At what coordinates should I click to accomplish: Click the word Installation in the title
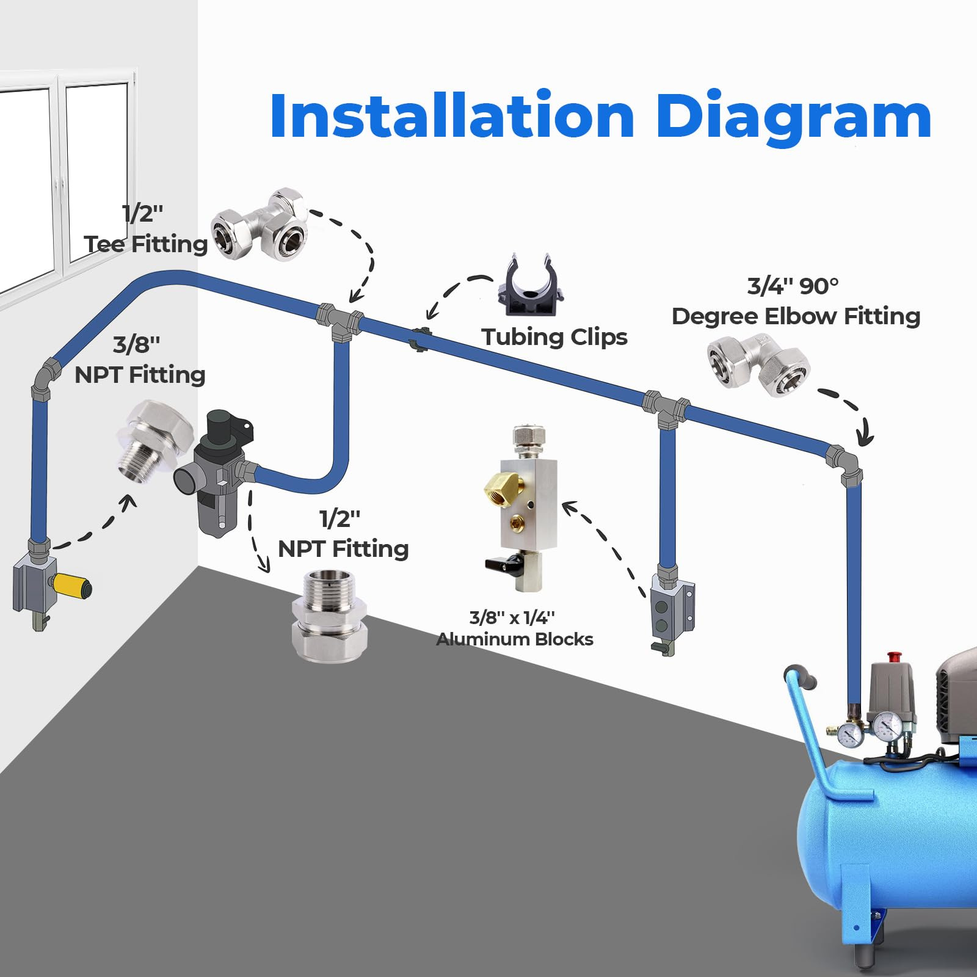point(452,116)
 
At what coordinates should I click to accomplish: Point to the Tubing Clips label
point(554,337)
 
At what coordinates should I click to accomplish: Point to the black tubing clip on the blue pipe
point(419,339)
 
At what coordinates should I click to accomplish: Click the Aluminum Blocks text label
point(515,639)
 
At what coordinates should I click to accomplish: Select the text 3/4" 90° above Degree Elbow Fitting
point(793,286)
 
